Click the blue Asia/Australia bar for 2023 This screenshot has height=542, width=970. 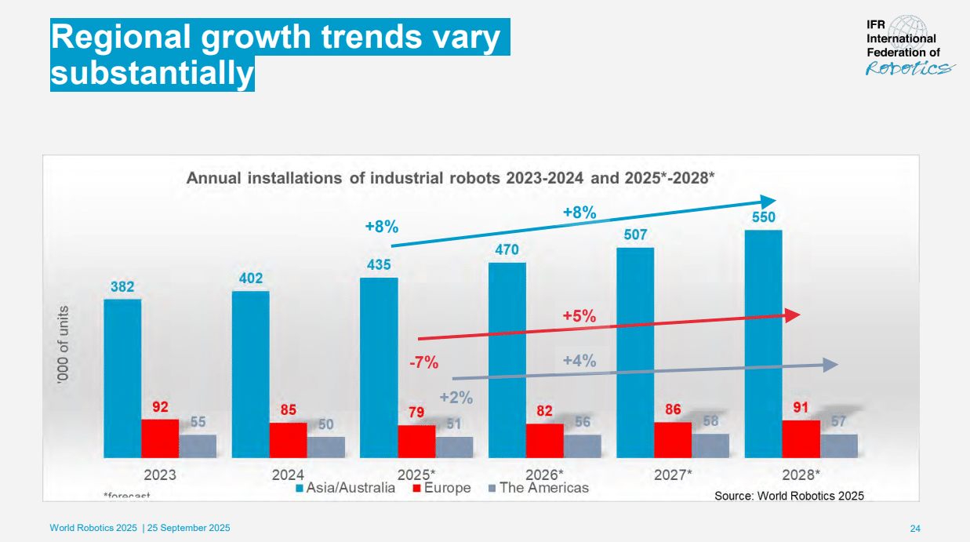tap(122, 378)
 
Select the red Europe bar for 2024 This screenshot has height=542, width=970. tap(288, 440)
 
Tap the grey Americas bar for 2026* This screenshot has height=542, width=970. tap(583, 446)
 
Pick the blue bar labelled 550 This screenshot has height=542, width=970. tap(763, 344)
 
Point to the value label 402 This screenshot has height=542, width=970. tap(251, 278)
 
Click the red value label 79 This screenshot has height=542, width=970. tap(416, 413)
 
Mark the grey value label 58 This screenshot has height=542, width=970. tap(710, 421)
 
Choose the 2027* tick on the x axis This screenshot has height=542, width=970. tap(673, 475)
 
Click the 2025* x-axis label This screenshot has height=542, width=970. tap(416, 475)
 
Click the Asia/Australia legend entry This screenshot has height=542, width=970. tap(345, 488)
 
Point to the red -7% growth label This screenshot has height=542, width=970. tap(423, 362)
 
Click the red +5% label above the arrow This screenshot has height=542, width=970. tap(579, 317)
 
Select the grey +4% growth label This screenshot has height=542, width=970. tap(579, 361)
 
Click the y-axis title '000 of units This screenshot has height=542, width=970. tap(63, 343)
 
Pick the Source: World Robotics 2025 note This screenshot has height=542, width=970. tap(789, 496)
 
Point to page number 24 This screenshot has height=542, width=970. tap(914, 528)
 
